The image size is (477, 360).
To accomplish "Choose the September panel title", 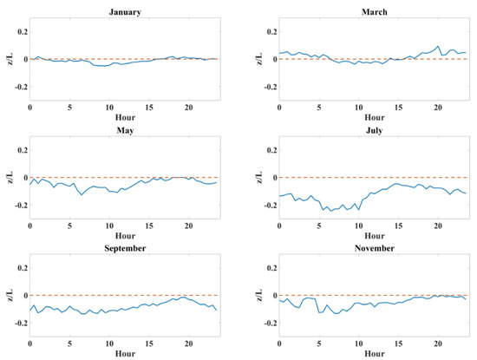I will [125, 250].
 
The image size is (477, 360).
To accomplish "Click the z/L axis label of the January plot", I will [8, 58].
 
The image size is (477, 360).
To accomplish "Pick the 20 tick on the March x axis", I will [438, 108].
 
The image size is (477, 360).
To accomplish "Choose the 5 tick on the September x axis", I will [69, 344].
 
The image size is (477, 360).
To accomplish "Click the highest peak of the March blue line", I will [439, 46].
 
